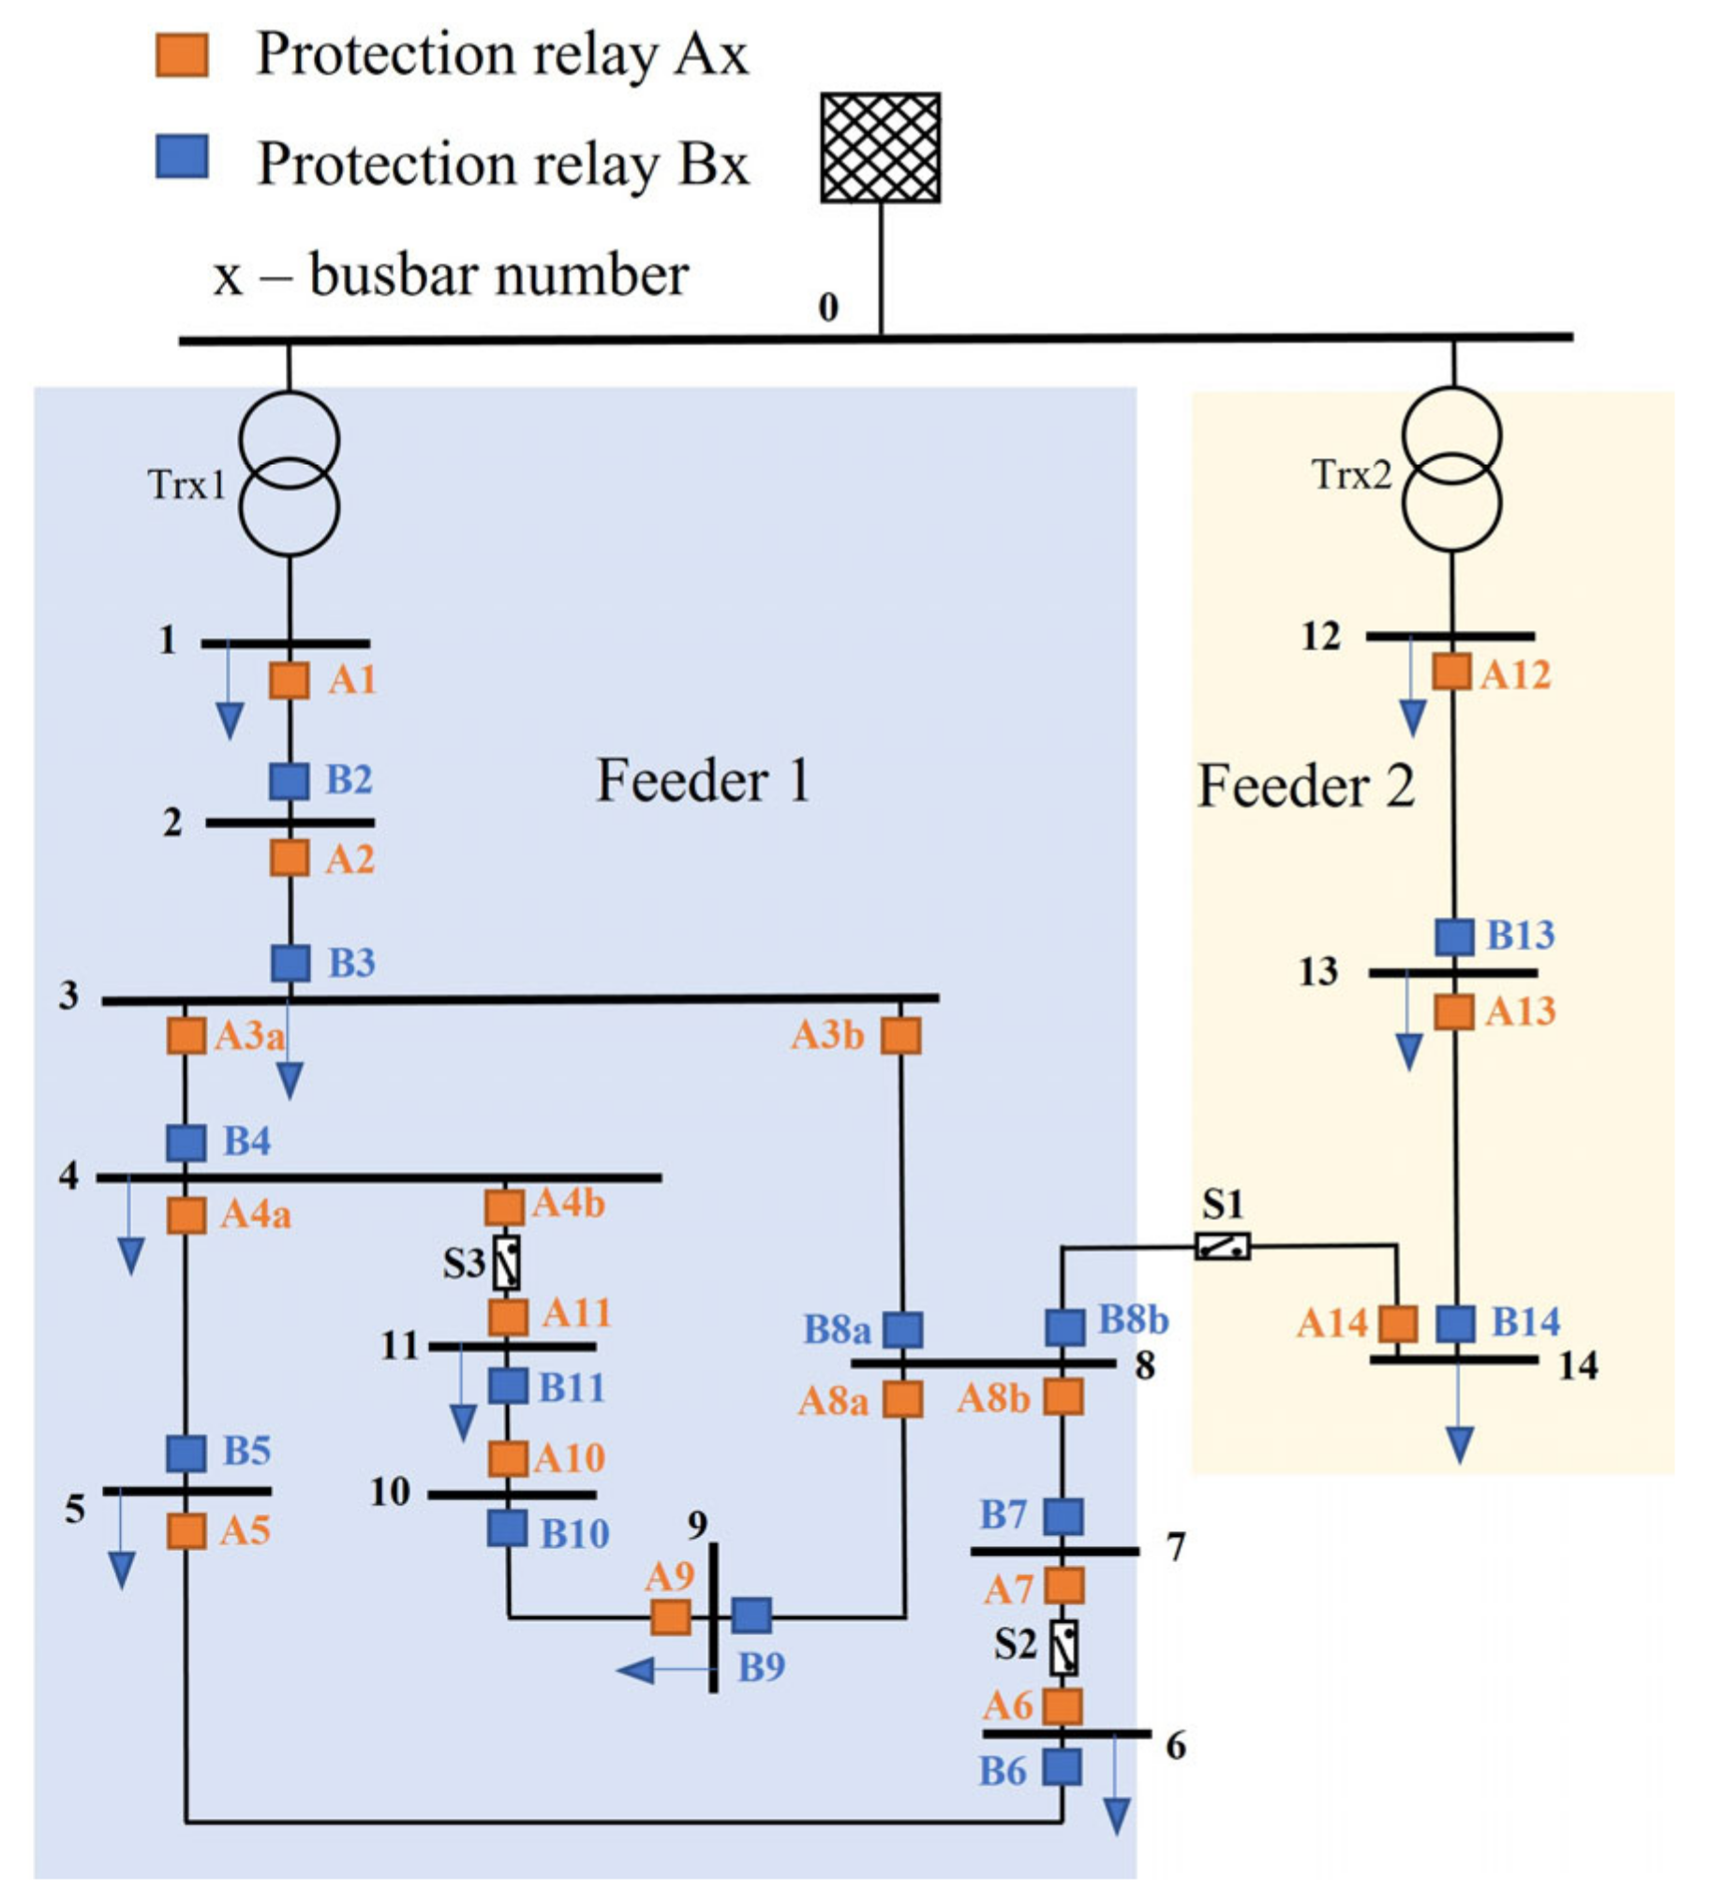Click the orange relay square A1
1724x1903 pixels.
coord(289,681)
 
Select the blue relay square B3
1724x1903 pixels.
coord(290,963)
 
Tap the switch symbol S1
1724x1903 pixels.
coord(1223,1247)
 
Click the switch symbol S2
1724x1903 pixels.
coord(1064,1648)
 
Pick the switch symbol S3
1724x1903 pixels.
coord(507,1263)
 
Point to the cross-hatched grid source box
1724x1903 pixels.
coord(880,148)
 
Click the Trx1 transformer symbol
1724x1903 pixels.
coord(289,474)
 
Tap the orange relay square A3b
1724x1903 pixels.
coord(900,1036)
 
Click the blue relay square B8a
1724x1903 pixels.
coord(902,1329)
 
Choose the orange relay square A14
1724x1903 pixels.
coord(1398,1323)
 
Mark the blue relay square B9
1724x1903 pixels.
coord(751,1615)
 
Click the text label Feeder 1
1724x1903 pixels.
coord(704,782)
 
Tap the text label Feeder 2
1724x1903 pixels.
coord(1306,787)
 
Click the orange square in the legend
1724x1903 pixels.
coord(181,55)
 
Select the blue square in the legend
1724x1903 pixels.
coord(181,156)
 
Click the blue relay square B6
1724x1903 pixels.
coord(1063,1767)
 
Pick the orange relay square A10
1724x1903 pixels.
coord(507,1459)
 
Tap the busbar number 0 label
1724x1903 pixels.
coord(828,308)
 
